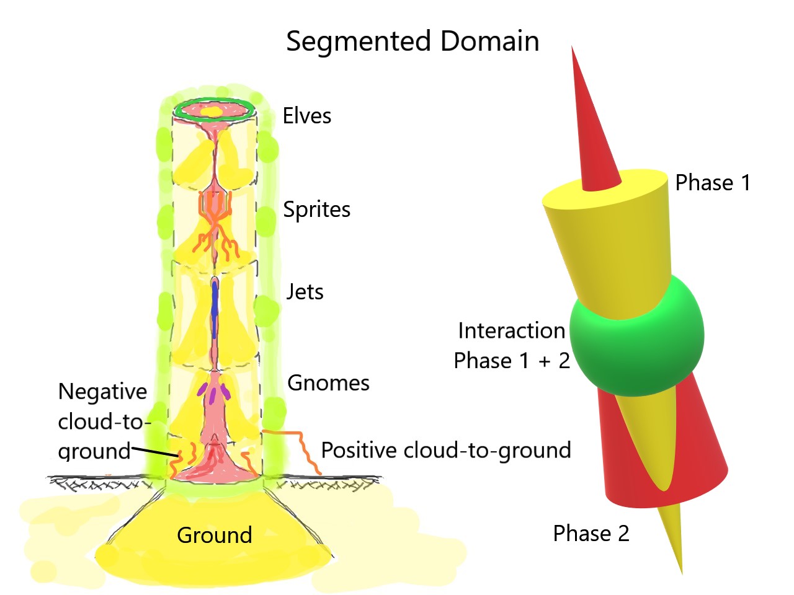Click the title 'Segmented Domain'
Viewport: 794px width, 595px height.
point(413,42)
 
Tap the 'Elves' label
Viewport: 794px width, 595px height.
point(307,116)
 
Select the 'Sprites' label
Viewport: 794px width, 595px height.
point(316,209)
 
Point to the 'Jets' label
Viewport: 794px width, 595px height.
point(305,291)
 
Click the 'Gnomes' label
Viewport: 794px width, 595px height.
point(328,383)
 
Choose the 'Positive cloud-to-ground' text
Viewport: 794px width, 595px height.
point(445,450)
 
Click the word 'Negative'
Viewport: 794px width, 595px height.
point(102,392)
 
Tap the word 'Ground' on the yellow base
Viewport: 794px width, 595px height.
point(215,535)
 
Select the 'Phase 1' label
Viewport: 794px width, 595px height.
point(713,183)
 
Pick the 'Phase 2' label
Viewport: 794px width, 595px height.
point(591,534)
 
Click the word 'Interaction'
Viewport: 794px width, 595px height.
point(511,331)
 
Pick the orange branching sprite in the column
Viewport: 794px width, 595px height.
point(215,211)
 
